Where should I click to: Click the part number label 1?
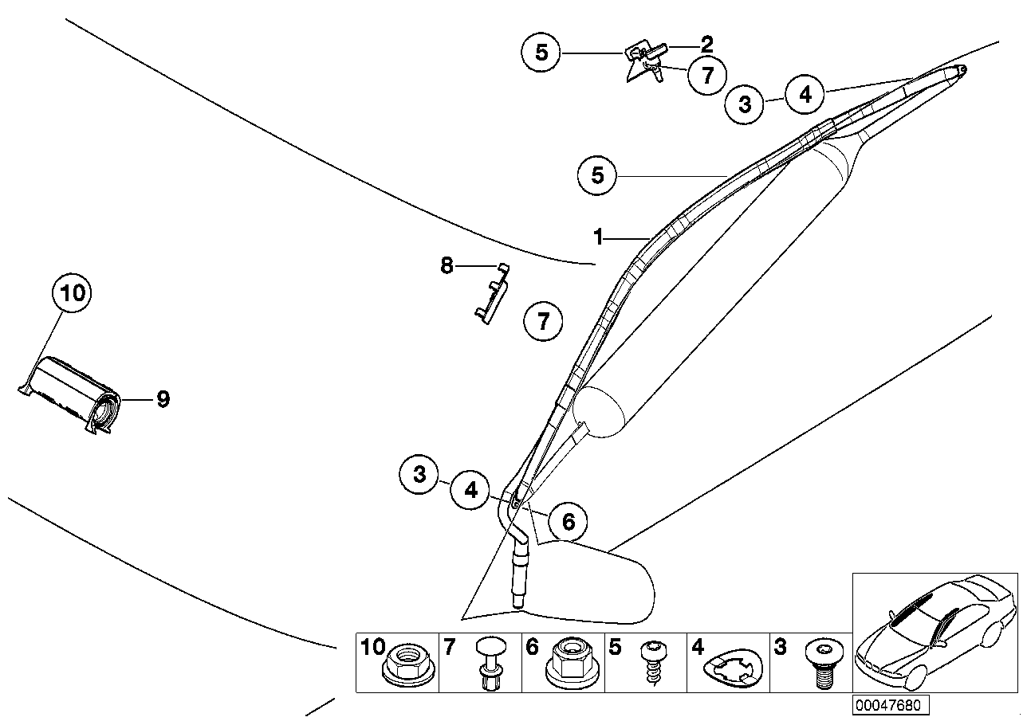tap(597, 237)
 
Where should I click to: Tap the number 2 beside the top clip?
tap(706, 45)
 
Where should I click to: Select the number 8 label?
tap(447, 265)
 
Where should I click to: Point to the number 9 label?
tap(163, 398)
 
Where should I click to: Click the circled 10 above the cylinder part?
tap(72, 293)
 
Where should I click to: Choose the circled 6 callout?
tap(568, 522)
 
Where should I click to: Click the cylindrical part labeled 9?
tap(76, 395)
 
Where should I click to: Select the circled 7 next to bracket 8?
tap(543, 322)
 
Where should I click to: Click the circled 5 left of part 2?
tap(541, 53)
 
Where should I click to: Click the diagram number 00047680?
tap(891, 705)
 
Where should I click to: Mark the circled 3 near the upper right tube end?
tap(746, 104)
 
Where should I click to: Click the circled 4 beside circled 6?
tap(470, 490)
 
